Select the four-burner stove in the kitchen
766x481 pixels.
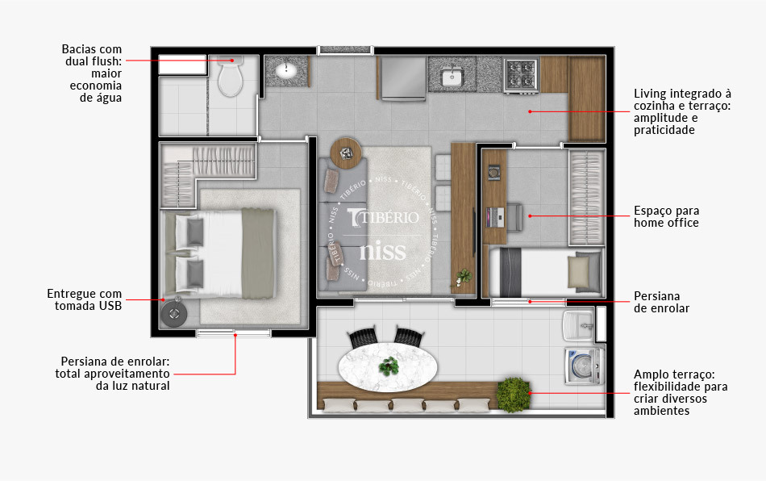point(521,75)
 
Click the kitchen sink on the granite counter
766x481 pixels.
point(451,77)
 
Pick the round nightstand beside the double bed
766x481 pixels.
point(173,313)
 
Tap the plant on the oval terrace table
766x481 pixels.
point(389,366)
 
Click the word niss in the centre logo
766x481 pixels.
point(383,250)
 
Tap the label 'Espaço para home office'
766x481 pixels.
point(666,216)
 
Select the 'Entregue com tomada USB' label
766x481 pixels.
point(84,299)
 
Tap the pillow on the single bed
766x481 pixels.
point(583,273)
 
